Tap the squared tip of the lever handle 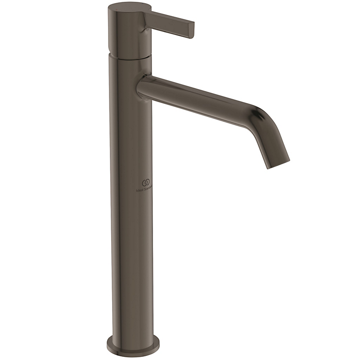[x=191, y=29]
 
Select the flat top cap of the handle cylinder [x=125, y=7]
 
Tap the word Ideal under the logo [x=139, y=189]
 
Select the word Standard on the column [x=148, y=189]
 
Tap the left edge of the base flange [x=108, y=344]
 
